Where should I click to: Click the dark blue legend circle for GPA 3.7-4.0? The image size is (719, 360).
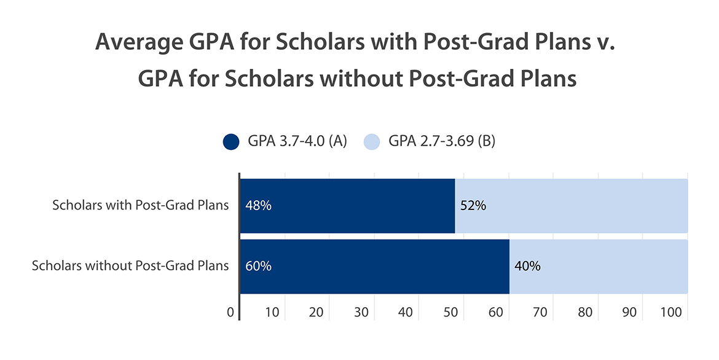232,141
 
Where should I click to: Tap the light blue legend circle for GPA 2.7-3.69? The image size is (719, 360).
372,141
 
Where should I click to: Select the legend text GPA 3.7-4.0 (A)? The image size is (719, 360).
297,141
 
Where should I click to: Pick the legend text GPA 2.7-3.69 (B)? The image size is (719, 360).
442,141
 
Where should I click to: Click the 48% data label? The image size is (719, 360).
258,206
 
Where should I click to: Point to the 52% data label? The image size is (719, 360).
473,206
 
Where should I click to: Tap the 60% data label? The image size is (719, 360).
258,266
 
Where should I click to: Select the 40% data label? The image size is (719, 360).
527,266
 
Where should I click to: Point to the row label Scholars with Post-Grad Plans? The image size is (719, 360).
141,206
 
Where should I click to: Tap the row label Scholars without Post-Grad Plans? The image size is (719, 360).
130,266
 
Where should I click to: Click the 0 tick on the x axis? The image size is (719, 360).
230,312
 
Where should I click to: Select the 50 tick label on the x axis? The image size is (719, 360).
451,312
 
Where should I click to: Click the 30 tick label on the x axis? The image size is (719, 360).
361,312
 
